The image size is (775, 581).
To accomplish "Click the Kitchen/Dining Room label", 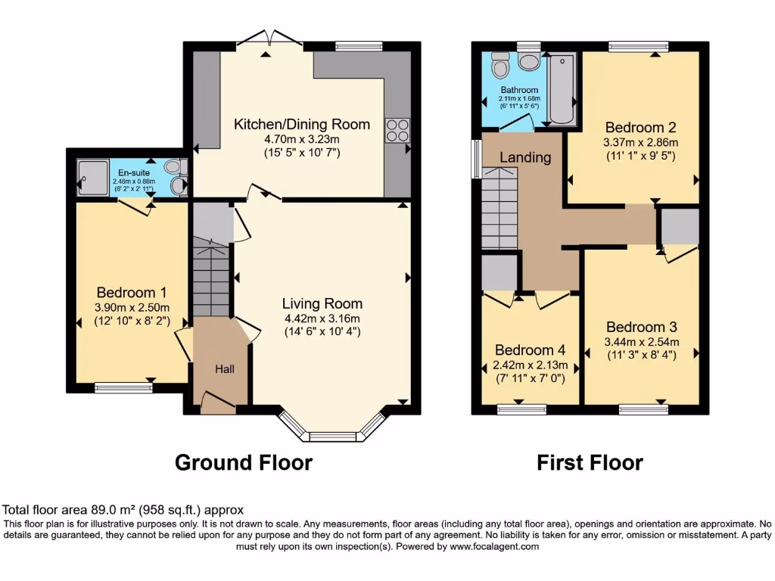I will (301, 124).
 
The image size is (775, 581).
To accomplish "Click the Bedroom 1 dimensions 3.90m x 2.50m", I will (132, 307).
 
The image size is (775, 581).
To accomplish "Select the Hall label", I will (224, 369).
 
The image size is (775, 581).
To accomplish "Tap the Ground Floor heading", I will (243, 462).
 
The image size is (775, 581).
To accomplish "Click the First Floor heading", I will (590, 462).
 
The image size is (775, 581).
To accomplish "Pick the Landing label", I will (524, 157).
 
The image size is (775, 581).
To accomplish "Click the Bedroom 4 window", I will (522, 409).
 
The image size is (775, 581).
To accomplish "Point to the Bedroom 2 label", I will (640, 127).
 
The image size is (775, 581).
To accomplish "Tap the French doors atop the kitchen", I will (267, 39).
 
